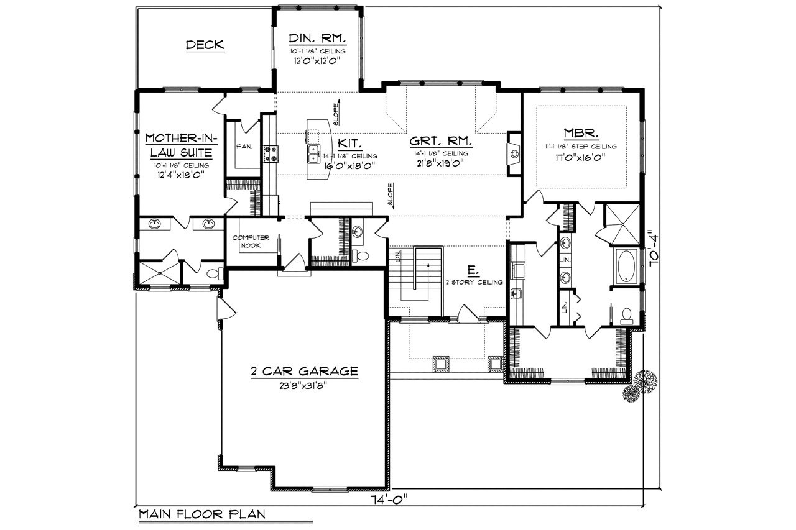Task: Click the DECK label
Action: coord(205,45)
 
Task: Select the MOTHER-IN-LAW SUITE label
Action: coord(179,145)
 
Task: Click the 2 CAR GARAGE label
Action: coord(304,372)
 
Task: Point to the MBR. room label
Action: coord(581,133)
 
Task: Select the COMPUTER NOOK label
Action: coord(251,242)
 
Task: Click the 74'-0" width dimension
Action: coord(390,498)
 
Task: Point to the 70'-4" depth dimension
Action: coord(652,249)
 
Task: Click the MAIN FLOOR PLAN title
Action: coord(201,514)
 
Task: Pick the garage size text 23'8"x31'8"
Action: coord(304,385)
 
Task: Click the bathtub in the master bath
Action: coord(626,267)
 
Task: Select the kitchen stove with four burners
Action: coord(271,153)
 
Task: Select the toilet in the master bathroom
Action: coord(627,316)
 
